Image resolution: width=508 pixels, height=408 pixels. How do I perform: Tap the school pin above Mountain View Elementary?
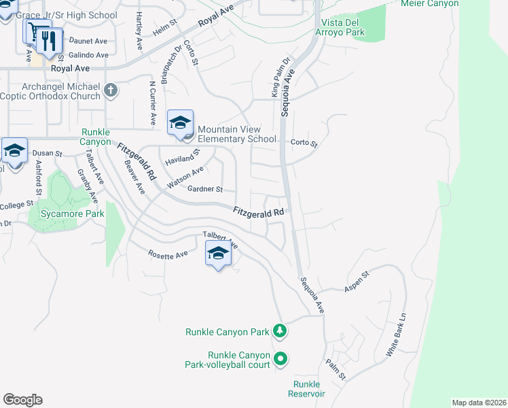[x=180, y=123]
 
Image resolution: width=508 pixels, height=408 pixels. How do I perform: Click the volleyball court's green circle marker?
[x=280, y=358]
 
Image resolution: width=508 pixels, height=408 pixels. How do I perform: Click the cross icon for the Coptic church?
[x=111, y=89]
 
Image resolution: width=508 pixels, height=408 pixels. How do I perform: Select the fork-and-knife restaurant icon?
[x=48, y=41]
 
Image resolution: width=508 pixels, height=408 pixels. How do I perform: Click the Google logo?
[x=22, y=400]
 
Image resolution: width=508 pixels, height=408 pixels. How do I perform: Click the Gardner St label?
[x=205, y=189]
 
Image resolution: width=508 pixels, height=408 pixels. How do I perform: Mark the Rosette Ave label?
[x=168, y=254]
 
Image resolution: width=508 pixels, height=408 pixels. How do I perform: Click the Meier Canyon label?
[x=430, y=3]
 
